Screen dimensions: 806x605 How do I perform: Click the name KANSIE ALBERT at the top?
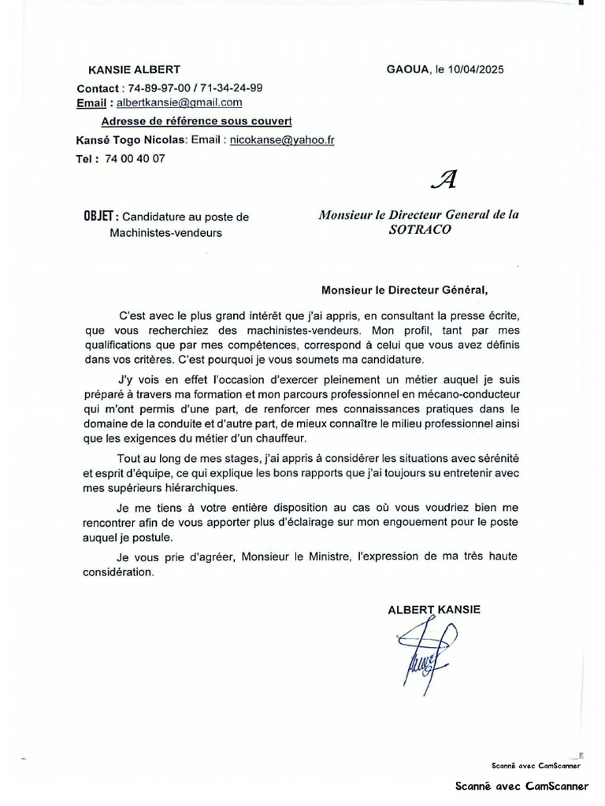pyautogui.click(x=134, y=69)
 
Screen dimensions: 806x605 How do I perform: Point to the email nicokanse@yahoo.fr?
pyautogui.click(x=282, y=139)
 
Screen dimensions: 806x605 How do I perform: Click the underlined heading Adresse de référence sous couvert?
pyautogui.click(x=196, y=120)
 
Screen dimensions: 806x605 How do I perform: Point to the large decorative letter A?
pyautogui.click(x=445, y=181)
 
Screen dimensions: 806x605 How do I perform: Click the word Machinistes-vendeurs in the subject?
pyautogui.click(x=165, y=233)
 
